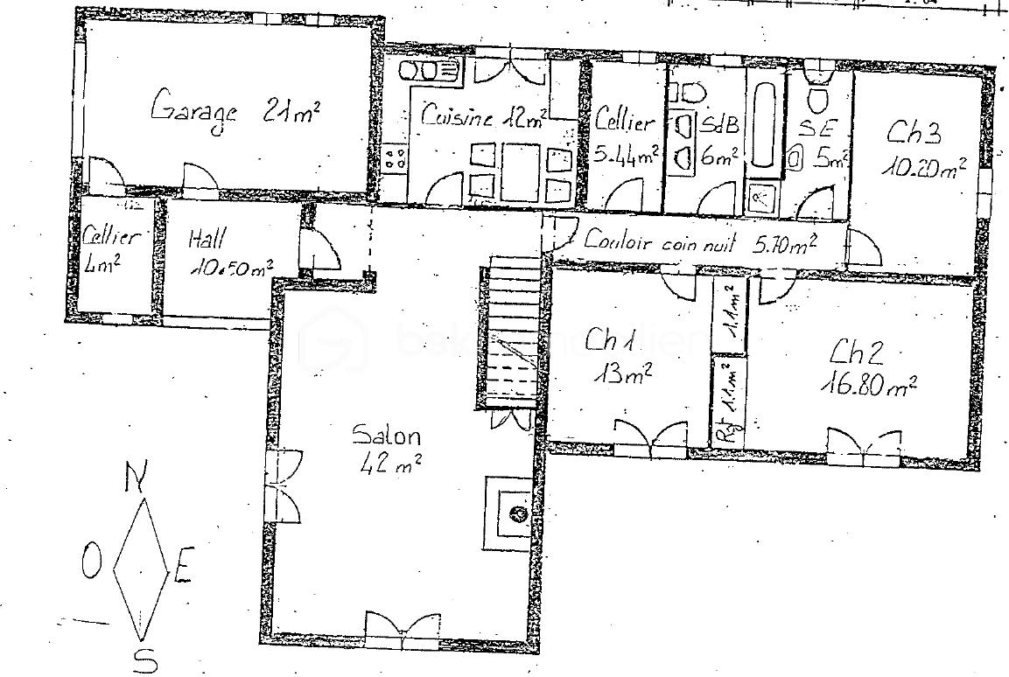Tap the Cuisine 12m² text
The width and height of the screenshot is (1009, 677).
(x=483, y=116)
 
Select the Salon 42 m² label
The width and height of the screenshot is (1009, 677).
(x=387, y=448)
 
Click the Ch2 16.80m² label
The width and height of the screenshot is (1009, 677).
(x=870, y=367)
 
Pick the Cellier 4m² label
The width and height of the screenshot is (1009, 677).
(x=111, y=248)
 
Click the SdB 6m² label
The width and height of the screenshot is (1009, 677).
(x=717, y=140)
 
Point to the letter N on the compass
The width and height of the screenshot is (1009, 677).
(x=135, y=477)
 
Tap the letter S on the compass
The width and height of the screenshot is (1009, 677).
(x=140, y=660)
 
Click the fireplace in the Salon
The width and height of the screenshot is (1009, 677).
(x=513, y=513)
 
